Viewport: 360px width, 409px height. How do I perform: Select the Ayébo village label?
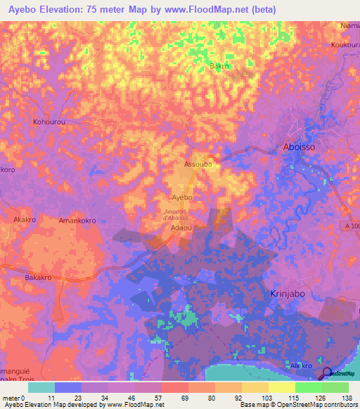182,198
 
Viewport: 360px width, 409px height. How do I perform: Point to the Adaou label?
182,229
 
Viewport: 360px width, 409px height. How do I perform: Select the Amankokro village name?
77,220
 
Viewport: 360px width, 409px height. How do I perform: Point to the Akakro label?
25,219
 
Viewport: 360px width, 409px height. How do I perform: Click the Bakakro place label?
40,278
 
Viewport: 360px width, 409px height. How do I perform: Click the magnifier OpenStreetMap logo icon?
327,373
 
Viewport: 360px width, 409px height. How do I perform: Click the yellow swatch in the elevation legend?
281,387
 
